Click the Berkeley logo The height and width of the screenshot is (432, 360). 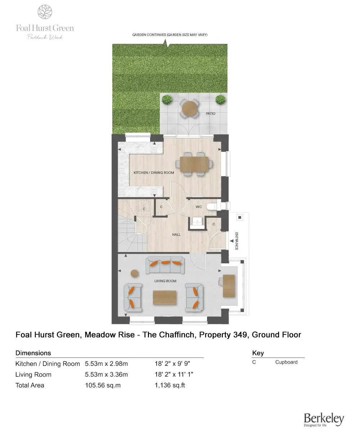(324, 419)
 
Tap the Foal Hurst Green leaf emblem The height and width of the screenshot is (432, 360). (45, 12)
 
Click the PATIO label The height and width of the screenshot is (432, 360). (211, 114)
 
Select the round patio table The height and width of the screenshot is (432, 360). (190, 108)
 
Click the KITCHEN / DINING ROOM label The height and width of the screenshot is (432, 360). (154, 173)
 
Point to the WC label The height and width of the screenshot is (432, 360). (198, 207)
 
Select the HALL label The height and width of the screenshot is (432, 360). (176, 235)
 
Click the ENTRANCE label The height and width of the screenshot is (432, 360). (237, 241)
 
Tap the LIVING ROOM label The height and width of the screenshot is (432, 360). (165, 281)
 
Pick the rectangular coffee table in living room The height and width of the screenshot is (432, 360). (165, 298)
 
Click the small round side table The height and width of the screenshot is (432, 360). (135, 274)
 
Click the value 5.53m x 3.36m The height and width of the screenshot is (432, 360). (106, 375)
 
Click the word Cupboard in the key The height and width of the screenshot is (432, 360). (286, 362)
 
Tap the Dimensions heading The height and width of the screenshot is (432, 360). (33, 353)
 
